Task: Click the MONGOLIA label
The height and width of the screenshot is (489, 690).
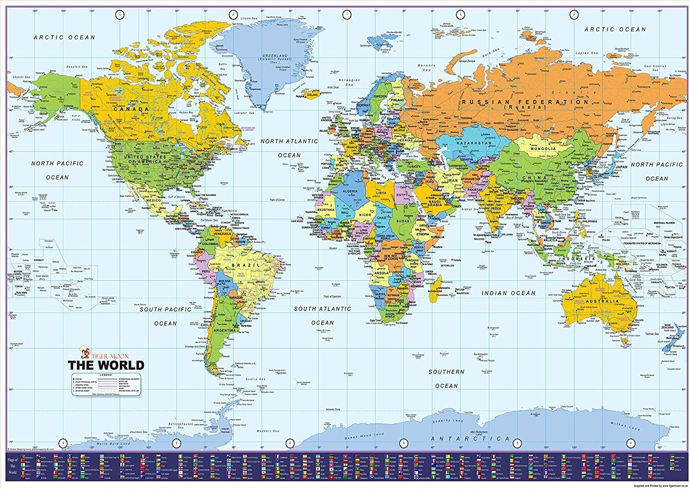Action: click(x=543, y=149)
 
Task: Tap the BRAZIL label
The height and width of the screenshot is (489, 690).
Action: click(x=242, y=265)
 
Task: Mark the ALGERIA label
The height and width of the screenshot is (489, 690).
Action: click(x=350, y=191)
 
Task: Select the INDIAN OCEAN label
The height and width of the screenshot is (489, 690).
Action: click(x=508, y=293)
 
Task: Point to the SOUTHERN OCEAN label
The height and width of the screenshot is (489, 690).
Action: click(x=446, y=378)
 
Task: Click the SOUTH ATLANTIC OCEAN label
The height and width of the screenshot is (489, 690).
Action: click(x=322, y=316)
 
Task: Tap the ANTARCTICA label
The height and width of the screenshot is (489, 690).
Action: click(x=470, y=439)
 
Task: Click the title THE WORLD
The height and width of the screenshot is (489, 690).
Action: click(x=106, y=365)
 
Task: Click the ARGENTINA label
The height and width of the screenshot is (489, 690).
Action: click(x=225, y=331)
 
